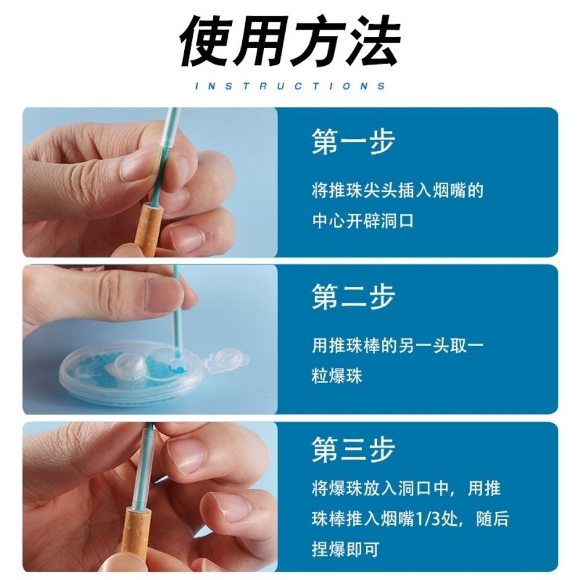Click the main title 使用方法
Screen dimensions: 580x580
coord(290,42)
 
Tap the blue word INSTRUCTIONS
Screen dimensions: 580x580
coord(290,86)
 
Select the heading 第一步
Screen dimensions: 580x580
coord(353,141)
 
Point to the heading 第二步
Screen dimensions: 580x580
coord(353,297)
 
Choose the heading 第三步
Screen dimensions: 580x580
coord(353,449)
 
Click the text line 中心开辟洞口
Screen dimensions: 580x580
coord(362,221)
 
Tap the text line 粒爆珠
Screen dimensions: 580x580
coord(337,376)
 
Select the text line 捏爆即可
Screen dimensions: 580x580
coord(346,549)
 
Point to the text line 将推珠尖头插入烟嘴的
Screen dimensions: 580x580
coord(398,191)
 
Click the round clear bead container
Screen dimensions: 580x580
coord(133,370)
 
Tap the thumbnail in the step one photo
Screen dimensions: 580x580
coord(138,167)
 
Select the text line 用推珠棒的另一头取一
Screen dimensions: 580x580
coord(398,346)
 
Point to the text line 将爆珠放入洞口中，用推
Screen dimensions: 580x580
coord(406,488)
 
